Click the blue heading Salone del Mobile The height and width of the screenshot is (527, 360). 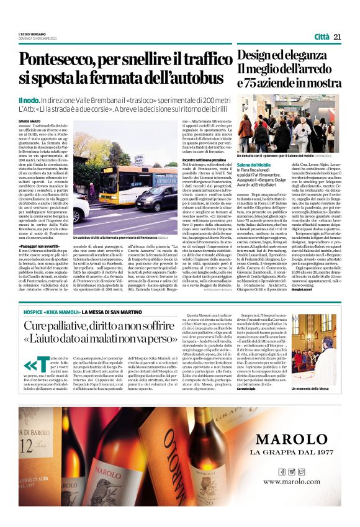(253, 164)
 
